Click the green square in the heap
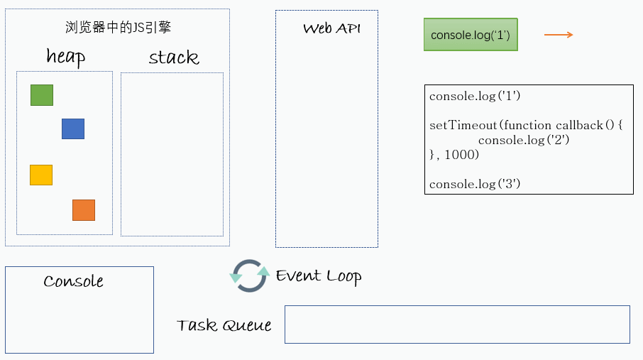pyautogui.click(x=42, y=95)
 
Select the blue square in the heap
pyautogui.click(x=73, y=129)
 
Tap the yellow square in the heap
pyautogui.click(x=41, y=175)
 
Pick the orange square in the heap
pyautogui.click(x=84, y=210)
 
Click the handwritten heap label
pyautogui.click(x=65, y=57)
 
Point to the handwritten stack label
pyautogui.click(x=173, y=58)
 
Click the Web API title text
pyautogui.click(x=331, y=28)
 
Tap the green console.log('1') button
pyautogui.click(x=471, y=35)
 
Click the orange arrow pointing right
pyautogui.click(x=559, y=35)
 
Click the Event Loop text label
pyautogui.click(x=319, y=276)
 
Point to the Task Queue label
pyautogui.click(x=224, y=325)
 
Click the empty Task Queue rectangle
pyautogui.click(x=457, y=324)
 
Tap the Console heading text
pyautogui.click(x=73, y=281)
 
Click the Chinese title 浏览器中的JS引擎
pyautogui.click(x=118, y=28)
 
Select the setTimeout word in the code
pyautogui.click(x=463, y=125)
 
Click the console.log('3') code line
pyautogui.click(x=475, y=184)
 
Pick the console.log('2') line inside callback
pyautogui.click(x=523, y=140)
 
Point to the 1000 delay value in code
pyautogui.click(x=461, y=155)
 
